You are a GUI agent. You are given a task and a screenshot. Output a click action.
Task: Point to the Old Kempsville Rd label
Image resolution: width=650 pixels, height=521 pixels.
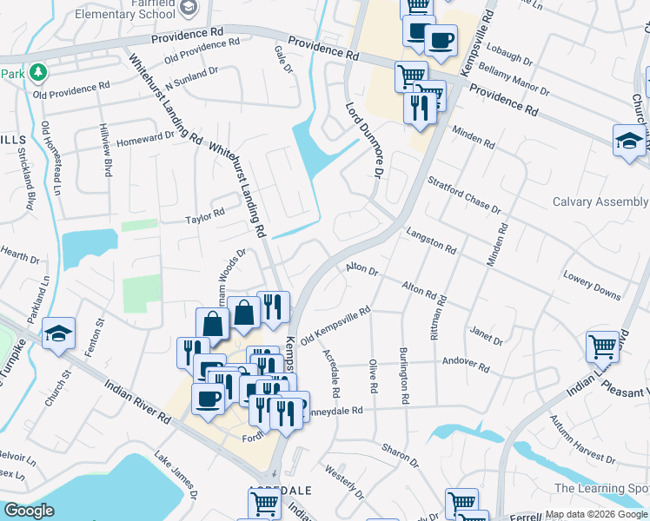pyautogui.click(x=335, y=324)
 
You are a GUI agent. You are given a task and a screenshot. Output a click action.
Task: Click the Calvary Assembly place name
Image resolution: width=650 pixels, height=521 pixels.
pyautogui.click(x=600, y=201)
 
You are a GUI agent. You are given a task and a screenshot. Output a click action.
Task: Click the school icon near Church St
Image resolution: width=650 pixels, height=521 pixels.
pyautogui.click(x=58, y=333)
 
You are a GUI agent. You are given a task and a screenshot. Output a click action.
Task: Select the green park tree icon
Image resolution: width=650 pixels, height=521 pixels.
pyautogui.click(x=37, y=71)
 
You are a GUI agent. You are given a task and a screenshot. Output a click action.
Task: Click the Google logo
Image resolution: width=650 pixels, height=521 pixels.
pyautogui.click(x=30, y=510)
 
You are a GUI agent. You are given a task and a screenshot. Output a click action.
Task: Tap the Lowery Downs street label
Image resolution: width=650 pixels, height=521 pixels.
pyautogui.click(x=592, y=288)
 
